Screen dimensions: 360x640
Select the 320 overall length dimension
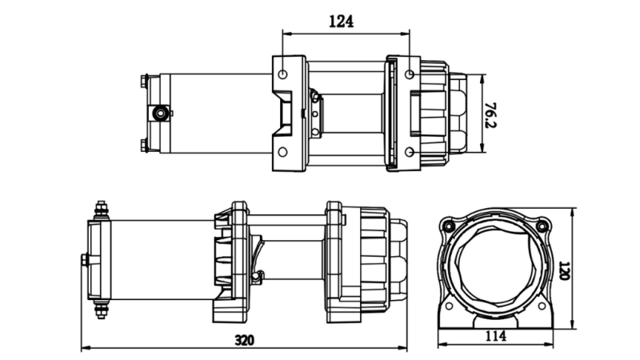(x=245, y=340)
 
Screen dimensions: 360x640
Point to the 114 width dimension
(x=496, y=337)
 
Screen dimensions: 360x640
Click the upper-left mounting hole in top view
(x=284, y=74)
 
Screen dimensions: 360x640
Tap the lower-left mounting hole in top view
(x=284, y=151)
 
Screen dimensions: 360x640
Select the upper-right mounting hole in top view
(x=410, y=74)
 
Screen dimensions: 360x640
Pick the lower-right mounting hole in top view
(x=410, y=151)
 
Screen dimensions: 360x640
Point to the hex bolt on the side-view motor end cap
(x=85, y=259)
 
